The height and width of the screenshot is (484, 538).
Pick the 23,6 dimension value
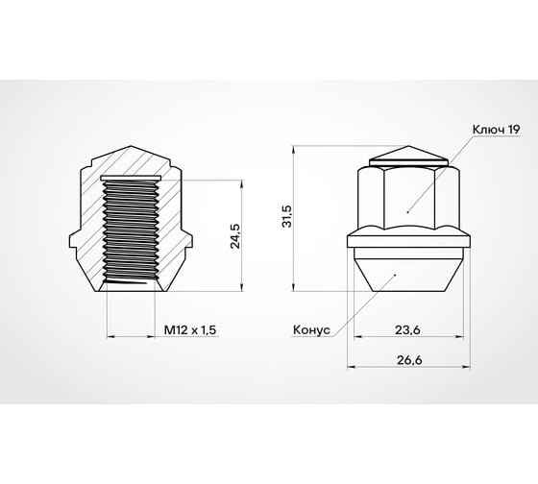pyautogui.click(x=407, y=329)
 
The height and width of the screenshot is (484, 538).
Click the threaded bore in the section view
pyautogui.click(x=131, y=235)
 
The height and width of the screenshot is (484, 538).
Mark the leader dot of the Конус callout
pyautogui.click(x=397, y=275)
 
